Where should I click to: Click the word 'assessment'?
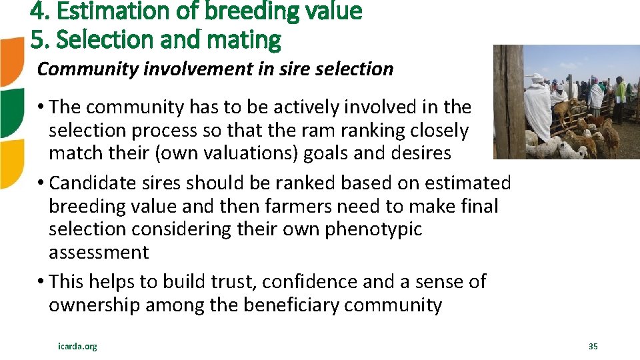(x=99, y=252)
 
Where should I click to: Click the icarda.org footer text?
(x=77, y=346)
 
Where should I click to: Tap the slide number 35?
(x=593, y=346)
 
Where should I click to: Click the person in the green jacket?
(x=620, y=90)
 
